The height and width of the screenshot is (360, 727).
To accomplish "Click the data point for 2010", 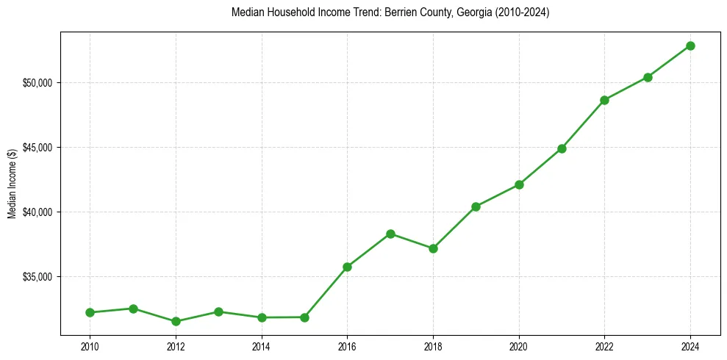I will point(90,312).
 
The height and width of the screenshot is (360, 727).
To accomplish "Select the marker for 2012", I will point(176,321).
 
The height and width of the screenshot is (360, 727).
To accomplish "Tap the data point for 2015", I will point(304,317).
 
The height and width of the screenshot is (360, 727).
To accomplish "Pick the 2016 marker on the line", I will point(347,267).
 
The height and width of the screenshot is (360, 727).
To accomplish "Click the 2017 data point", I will point(390,234).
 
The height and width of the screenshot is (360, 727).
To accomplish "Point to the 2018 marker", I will point(433,248).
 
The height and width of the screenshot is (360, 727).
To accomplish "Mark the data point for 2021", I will point(562,148).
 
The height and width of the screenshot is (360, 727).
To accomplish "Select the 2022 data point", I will point(604,100).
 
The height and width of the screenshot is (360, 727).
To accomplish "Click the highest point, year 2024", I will point(690,46).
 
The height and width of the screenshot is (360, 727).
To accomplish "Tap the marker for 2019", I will point(476,206).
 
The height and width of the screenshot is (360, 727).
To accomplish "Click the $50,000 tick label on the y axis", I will point(38,82).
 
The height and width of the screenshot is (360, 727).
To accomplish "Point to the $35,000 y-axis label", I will point(38,277).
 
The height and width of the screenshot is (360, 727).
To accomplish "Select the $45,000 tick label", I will point(38,147).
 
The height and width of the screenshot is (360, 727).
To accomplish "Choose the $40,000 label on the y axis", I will point(38,212).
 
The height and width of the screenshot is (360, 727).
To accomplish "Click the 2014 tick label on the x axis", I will point(261,345).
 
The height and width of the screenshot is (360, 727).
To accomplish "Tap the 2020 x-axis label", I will point(519,345).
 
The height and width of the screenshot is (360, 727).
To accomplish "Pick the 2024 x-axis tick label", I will point(690,345).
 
